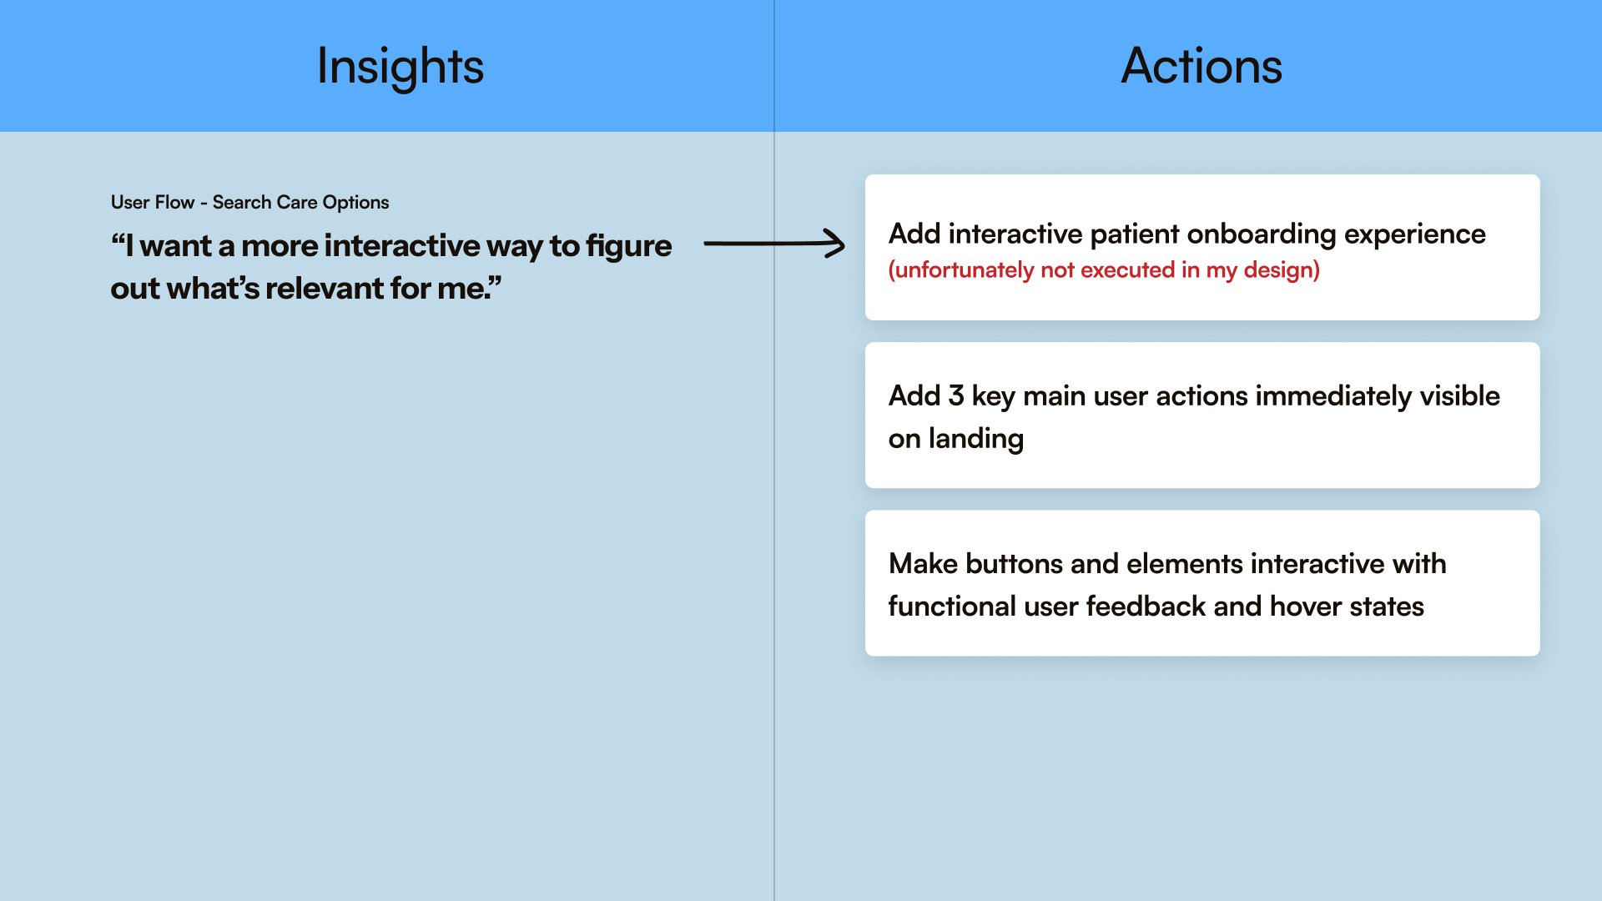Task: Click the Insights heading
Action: (400, 67)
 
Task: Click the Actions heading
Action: (1201, 67)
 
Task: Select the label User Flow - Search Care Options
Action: (249, 202)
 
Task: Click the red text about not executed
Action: (1104, 270)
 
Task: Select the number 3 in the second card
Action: (956, 396)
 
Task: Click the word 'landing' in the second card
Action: (975, 439)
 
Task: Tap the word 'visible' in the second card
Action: (1459, 396)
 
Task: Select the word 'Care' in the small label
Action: (297, 202)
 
